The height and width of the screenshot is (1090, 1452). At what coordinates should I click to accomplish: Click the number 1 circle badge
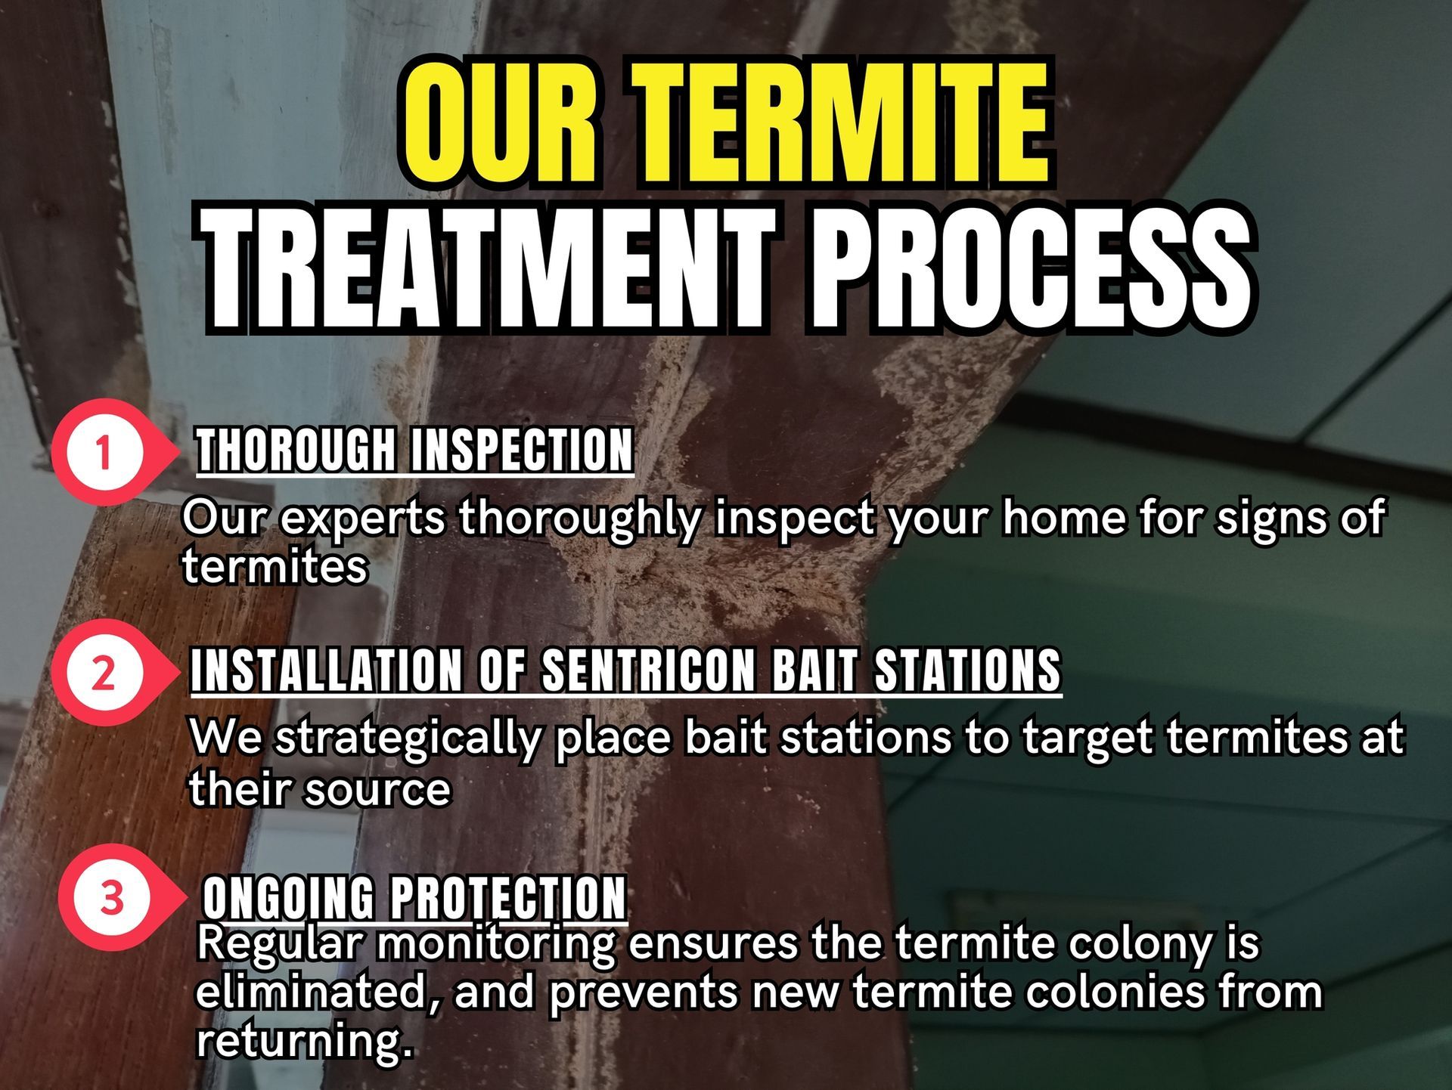[x=104, y=453]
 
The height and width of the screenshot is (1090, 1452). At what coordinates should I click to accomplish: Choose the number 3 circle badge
[x=111, y=897]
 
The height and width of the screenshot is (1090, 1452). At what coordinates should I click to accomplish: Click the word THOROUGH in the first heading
[x=296, y=450]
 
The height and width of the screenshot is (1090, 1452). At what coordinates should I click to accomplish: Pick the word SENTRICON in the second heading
[x=649, y=670]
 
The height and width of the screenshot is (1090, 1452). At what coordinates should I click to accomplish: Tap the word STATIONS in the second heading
[x=968, y=670]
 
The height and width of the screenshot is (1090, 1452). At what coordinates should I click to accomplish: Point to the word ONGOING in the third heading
[x=288, y=897]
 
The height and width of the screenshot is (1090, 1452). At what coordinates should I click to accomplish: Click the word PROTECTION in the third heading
[x=509, y=897]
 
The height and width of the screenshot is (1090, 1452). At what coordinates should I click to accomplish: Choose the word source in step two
[x=377, y=791]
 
